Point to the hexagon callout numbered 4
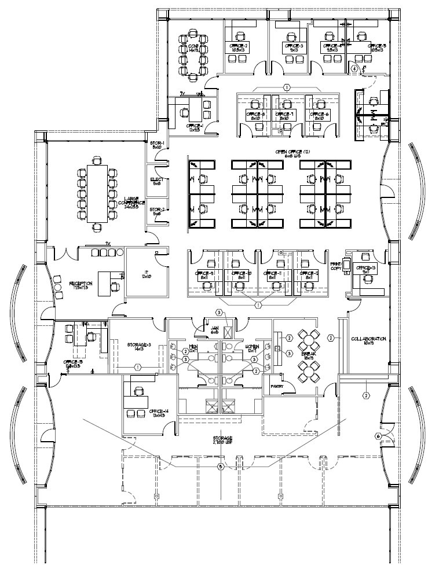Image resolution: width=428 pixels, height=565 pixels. coord(354,68)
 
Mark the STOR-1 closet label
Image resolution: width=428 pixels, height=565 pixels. coord(158,145)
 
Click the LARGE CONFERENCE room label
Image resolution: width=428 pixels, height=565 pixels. coord(130,203)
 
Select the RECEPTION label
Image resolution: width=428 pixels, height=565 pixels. coord(81,285)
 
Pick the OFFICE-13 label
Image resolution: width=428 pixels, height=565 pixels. coord(366,269)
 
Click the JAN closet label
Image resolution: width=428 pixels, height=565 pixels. coord(214,330)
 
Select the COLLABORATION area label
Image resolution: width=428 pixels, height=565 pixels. coord(368,341)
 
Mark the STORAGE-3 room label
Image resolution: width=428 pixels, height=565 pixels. coord(139,347)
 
